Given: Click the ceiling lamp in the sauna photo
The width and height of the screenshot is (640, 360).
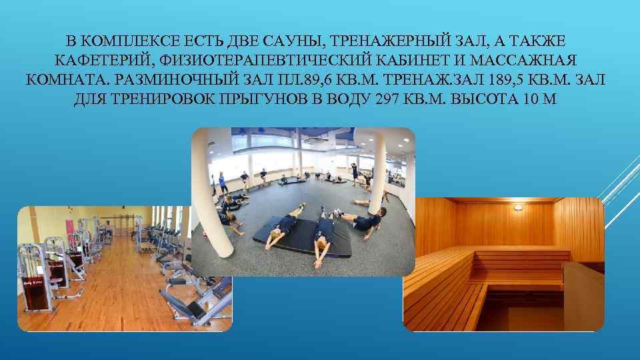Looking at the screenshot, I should pos(517,207).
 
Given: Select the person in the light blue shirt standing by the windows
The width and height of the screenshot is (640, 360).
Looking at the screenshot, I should pos(221,180).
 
